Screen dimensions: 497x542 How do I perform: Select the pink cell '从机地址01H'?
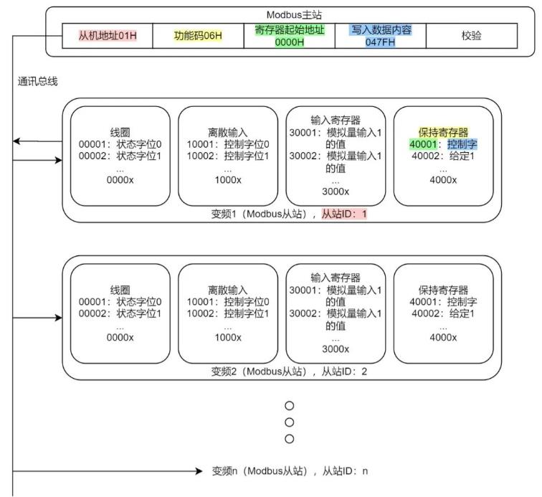[x=108, y=35]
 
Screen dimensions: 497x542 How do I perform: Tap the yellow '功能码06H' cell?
[x=199, y=35]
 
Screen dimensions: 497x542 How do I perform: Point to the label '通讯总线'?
[x=37, y=82]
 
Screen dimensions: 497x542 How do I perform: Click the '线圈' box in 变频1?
[x=120, y=156]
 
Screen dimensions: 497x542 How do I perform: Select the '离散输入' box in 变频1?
[x=227, y=156]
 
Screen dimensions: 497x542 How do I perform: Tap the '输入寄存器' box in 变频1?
[x=335, y=156]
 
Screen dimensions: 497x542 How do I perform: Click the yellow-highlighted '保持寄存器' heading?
[x=443, y=133]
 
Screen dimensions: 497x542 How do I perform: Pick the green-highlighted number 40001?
[x=424, y=144]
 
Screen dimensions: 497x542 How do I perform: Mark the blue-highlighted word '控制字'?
[x=461, y=144]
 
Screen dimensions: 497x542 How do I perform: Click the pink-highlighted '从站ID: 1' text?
[x=343, y=214]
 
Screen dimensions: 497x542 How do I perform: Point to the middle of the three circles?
[x=290, y=422]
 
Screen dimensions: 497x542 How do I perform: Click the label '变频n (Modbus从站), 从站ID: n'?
[x=290, y=471]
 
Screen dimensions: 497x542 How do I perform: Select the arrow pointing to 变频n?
[x=108, y=471]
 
